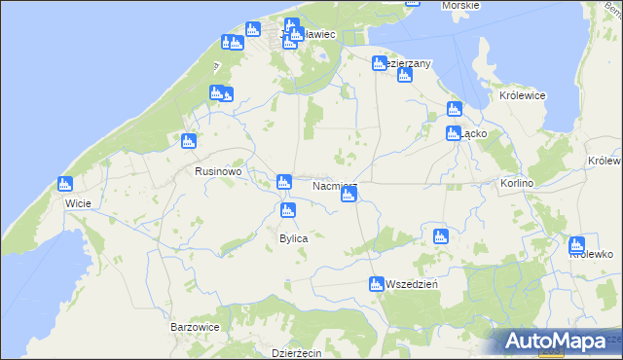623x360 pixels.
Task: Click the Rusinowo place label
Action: [x=218, y=171]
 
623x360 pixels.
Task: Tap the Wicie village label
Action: [x=78, y=203]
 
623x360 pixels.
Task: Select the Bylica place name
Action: [x=294, y=238]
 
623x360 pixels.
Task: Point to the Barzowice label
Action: [x=195, y=328]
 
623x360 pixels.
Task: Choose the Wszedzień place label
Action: [x=413, y=284]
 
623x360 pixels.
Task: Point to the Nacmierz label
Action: [x=336, y=184]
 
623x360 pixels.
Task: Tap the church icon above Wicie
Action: [x=65, y=183]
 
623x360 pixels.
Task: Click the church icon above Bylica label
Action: [x=287, y=210]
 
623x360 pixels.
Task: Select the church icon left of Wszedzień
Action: [x=376, y=284]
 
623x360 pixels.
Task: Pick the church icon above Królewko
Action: [x=576, y=244]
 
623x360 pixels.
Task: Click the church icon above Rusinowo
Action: [x=188, y=142]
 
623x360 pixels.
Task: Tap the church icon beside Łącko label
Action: [x=453, y=133]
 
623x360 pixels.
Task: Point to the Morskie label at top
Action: [x=459, y=6]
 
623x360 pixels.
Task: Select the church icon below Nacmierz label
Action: [x=348, y=197]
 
